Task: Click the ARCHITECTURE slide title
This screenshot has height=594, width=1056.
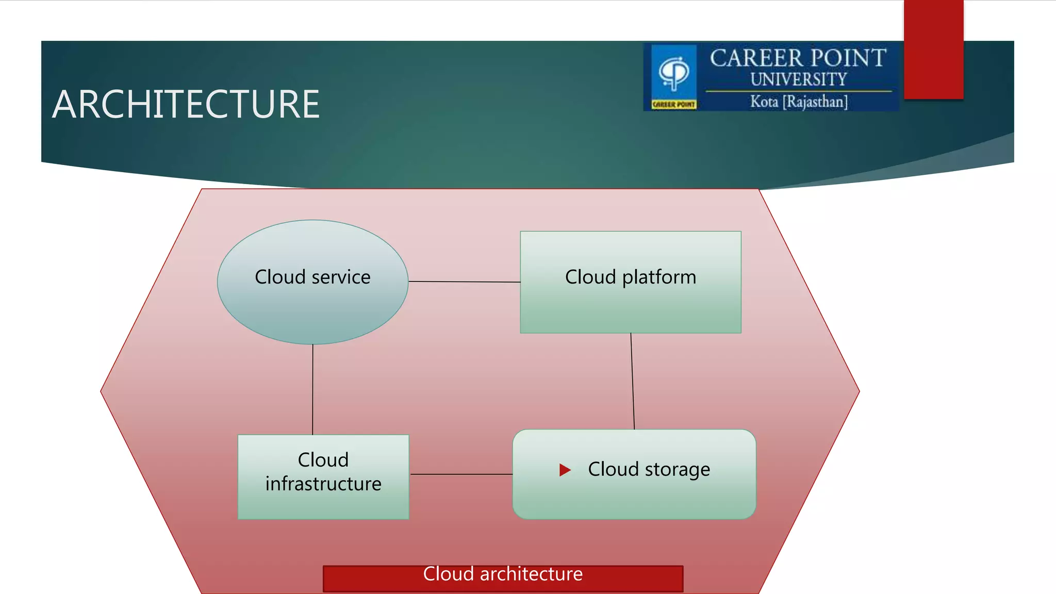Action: tap(186, 104)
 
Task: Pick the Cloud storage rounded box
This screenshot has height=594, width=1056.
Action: tap(634, 498)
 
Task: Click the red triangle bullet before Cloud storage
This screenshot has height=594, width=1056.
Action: tap(565, 470)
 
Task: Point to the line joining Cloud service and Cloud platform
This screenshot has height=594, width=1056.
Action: tap(464, 282)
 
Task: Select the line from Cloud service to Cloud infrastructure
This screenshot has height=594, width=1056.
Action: tap(312, 389)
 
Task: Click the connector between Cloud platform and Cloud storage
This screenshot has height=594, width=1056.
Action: tap(633, 382)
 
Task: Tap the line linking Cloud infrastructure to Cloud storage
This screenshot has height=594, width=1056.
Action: tap(461, 474)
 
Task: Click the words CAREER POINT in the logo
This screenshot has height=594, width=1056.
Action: tap(798, 58)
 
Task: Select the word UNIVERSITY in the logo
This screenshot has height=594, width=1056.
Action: tap(798, 79)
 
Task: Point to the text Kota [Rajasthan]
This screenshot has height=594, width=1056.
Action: tap(798, 102)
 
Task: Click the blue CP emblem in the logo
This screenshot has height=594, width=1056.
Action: tap(674, 72)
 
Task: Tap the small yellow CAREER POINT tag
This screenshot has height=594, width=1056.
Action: tap(673, 105)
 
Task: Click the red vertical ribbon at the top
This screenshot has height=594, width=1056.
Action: tap(933, 49)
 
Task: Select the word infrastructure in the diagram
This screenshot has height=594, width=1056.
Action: tap(323, 484)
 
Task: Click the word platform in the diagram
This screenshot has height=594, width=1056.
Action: tap(659, 277)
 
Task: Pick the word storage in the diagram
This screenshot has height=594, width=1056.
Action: tap(677, 470)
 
